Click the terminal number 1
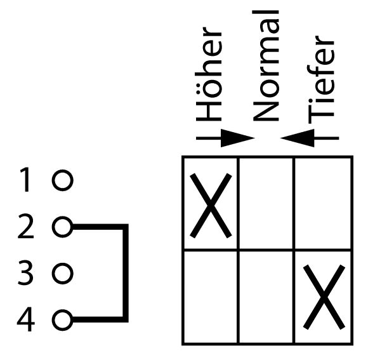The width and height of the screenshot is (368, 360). point(25,180)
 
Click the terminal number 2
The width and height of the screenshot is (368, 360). point(25,226)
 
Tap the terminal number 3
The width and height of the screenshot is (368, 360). point(25,272)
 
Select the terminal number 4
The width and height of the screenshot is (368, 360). point(26,319)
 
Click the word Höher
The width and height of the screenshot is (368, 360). point(209,74)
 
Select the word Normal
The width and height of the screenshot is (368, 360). point(266,66)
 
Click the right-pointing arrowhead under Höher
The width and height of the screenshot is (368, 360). point(238,138)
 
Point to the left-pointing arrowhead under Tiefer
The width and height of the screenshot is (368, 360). point(297,138)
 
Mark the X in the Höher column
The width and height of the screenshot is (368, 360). point(211,206)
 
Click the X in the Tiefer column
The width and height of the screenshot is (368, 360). point(324,297)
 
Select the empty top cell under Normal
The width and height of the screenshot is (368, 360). point(266,203)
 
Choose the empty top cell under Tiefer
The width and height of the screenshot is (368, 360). point(323,203)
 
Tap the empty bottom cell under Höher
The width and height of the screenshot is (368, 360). point(210,297)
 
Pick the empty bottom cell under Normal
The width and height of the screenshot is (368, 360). point(266,297)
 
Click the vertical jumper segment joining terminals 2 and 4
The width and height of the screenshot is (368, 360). point(126,274)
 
